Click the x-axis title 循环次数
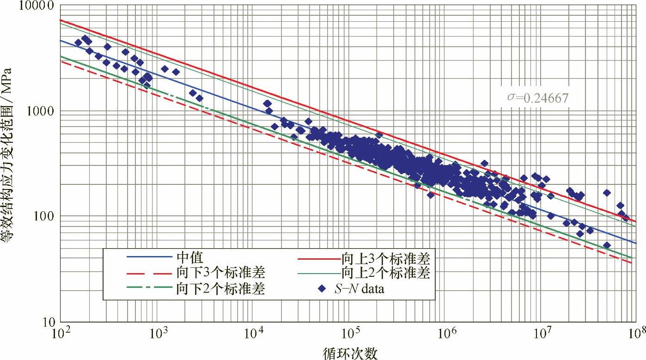click(x=350, y=353)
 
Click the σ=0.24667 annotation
click(x=536, y=98)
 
